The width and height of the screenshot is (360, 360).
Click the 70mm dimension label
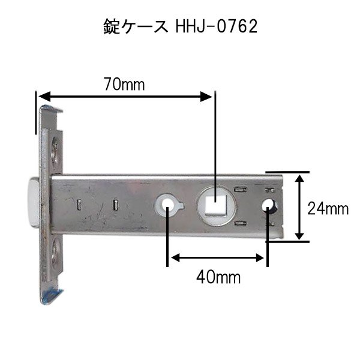coord(124,85)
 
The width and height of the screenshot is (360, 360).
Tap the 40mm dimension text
coord(218,277)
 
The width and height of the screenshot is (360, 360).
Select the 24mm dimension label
coord(328,208)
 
